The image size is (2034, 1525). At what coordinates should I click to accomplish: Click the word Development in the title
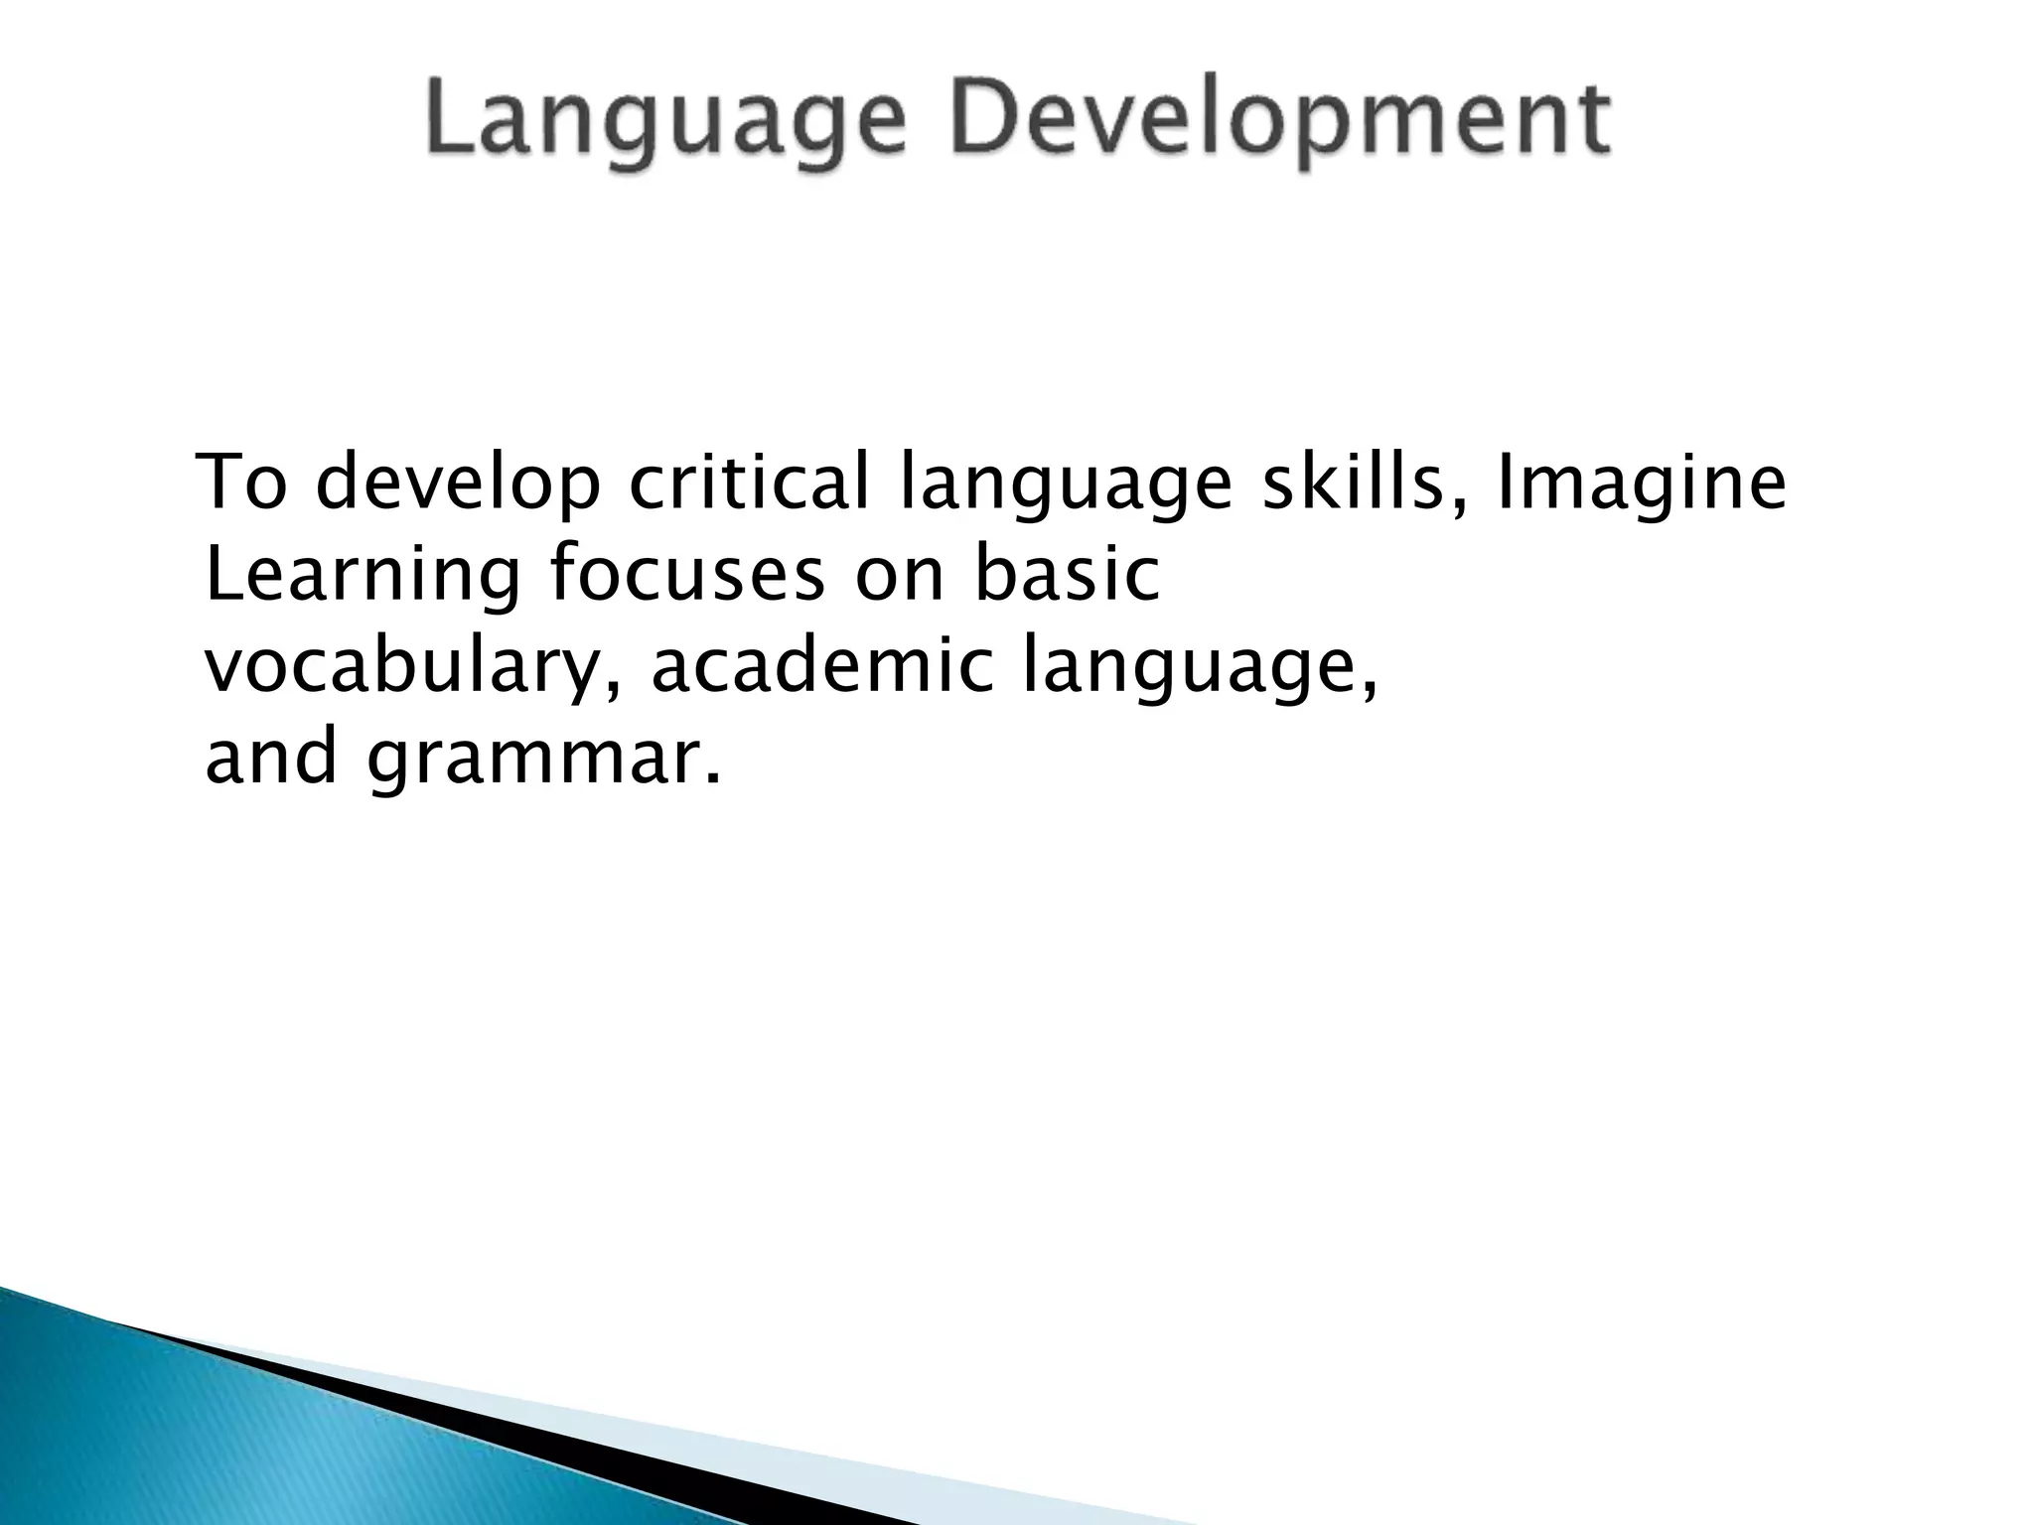1281,121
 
